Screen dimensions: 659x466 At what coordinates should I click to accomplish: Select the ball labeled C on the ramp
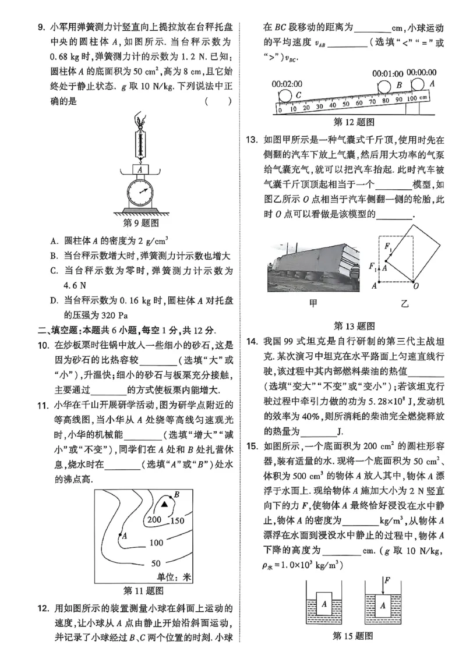pos(286,95)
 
